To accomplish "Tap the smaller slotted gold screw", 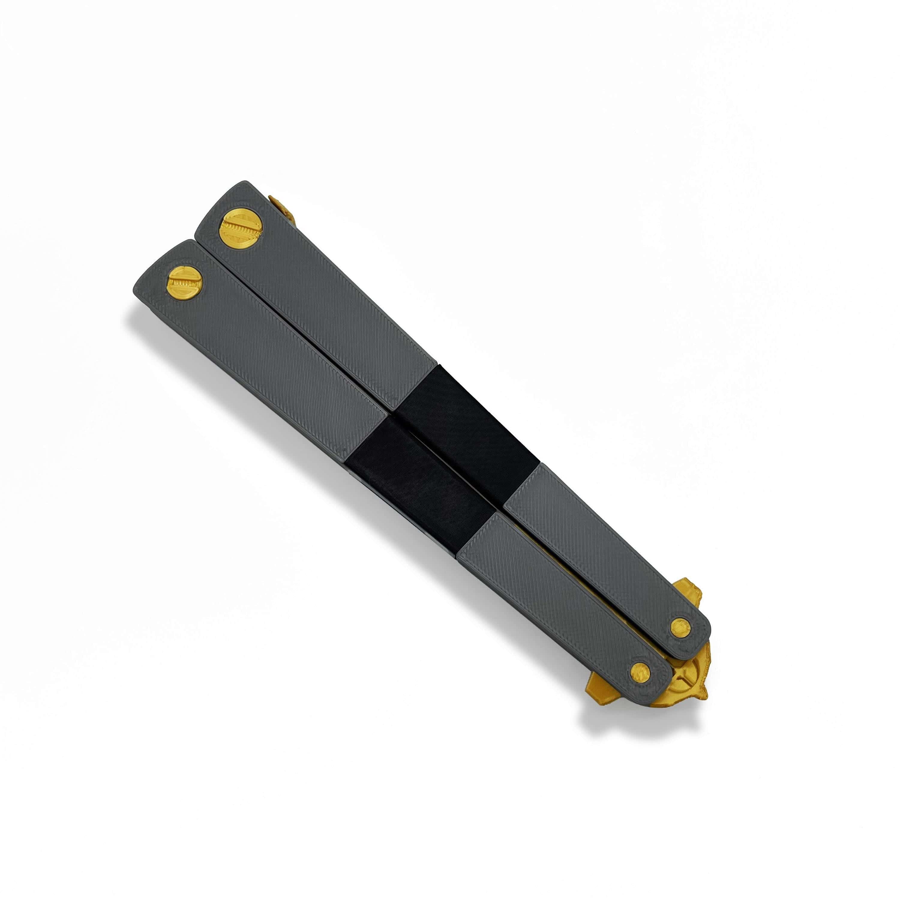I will pos(184,283).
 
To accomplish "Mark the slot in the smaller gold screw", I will pos(185,283).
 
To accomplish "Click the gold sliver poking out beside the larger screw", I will pos(283,208).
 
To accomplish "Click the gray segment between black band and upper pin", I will pos(601,540).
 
